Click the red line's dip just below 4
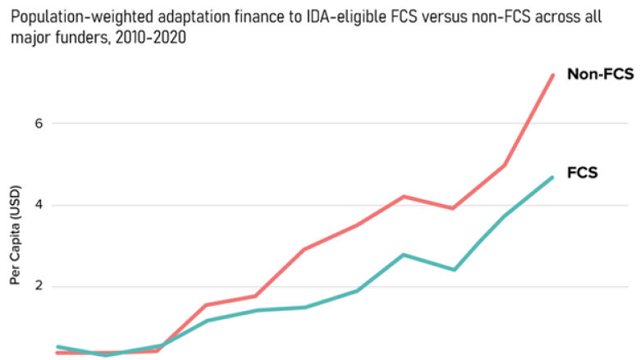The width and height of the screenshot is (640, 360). pos(452,208)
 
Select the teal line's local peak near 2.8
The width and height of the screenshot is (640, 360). pos(403,254)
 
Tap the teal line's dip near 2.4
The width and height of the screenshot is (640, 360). pos(453,270)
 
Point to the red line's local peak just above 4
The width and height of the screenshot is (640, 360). pos(403,196)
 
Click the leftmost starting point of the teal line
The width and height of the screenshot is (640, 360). pos(57,346)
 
